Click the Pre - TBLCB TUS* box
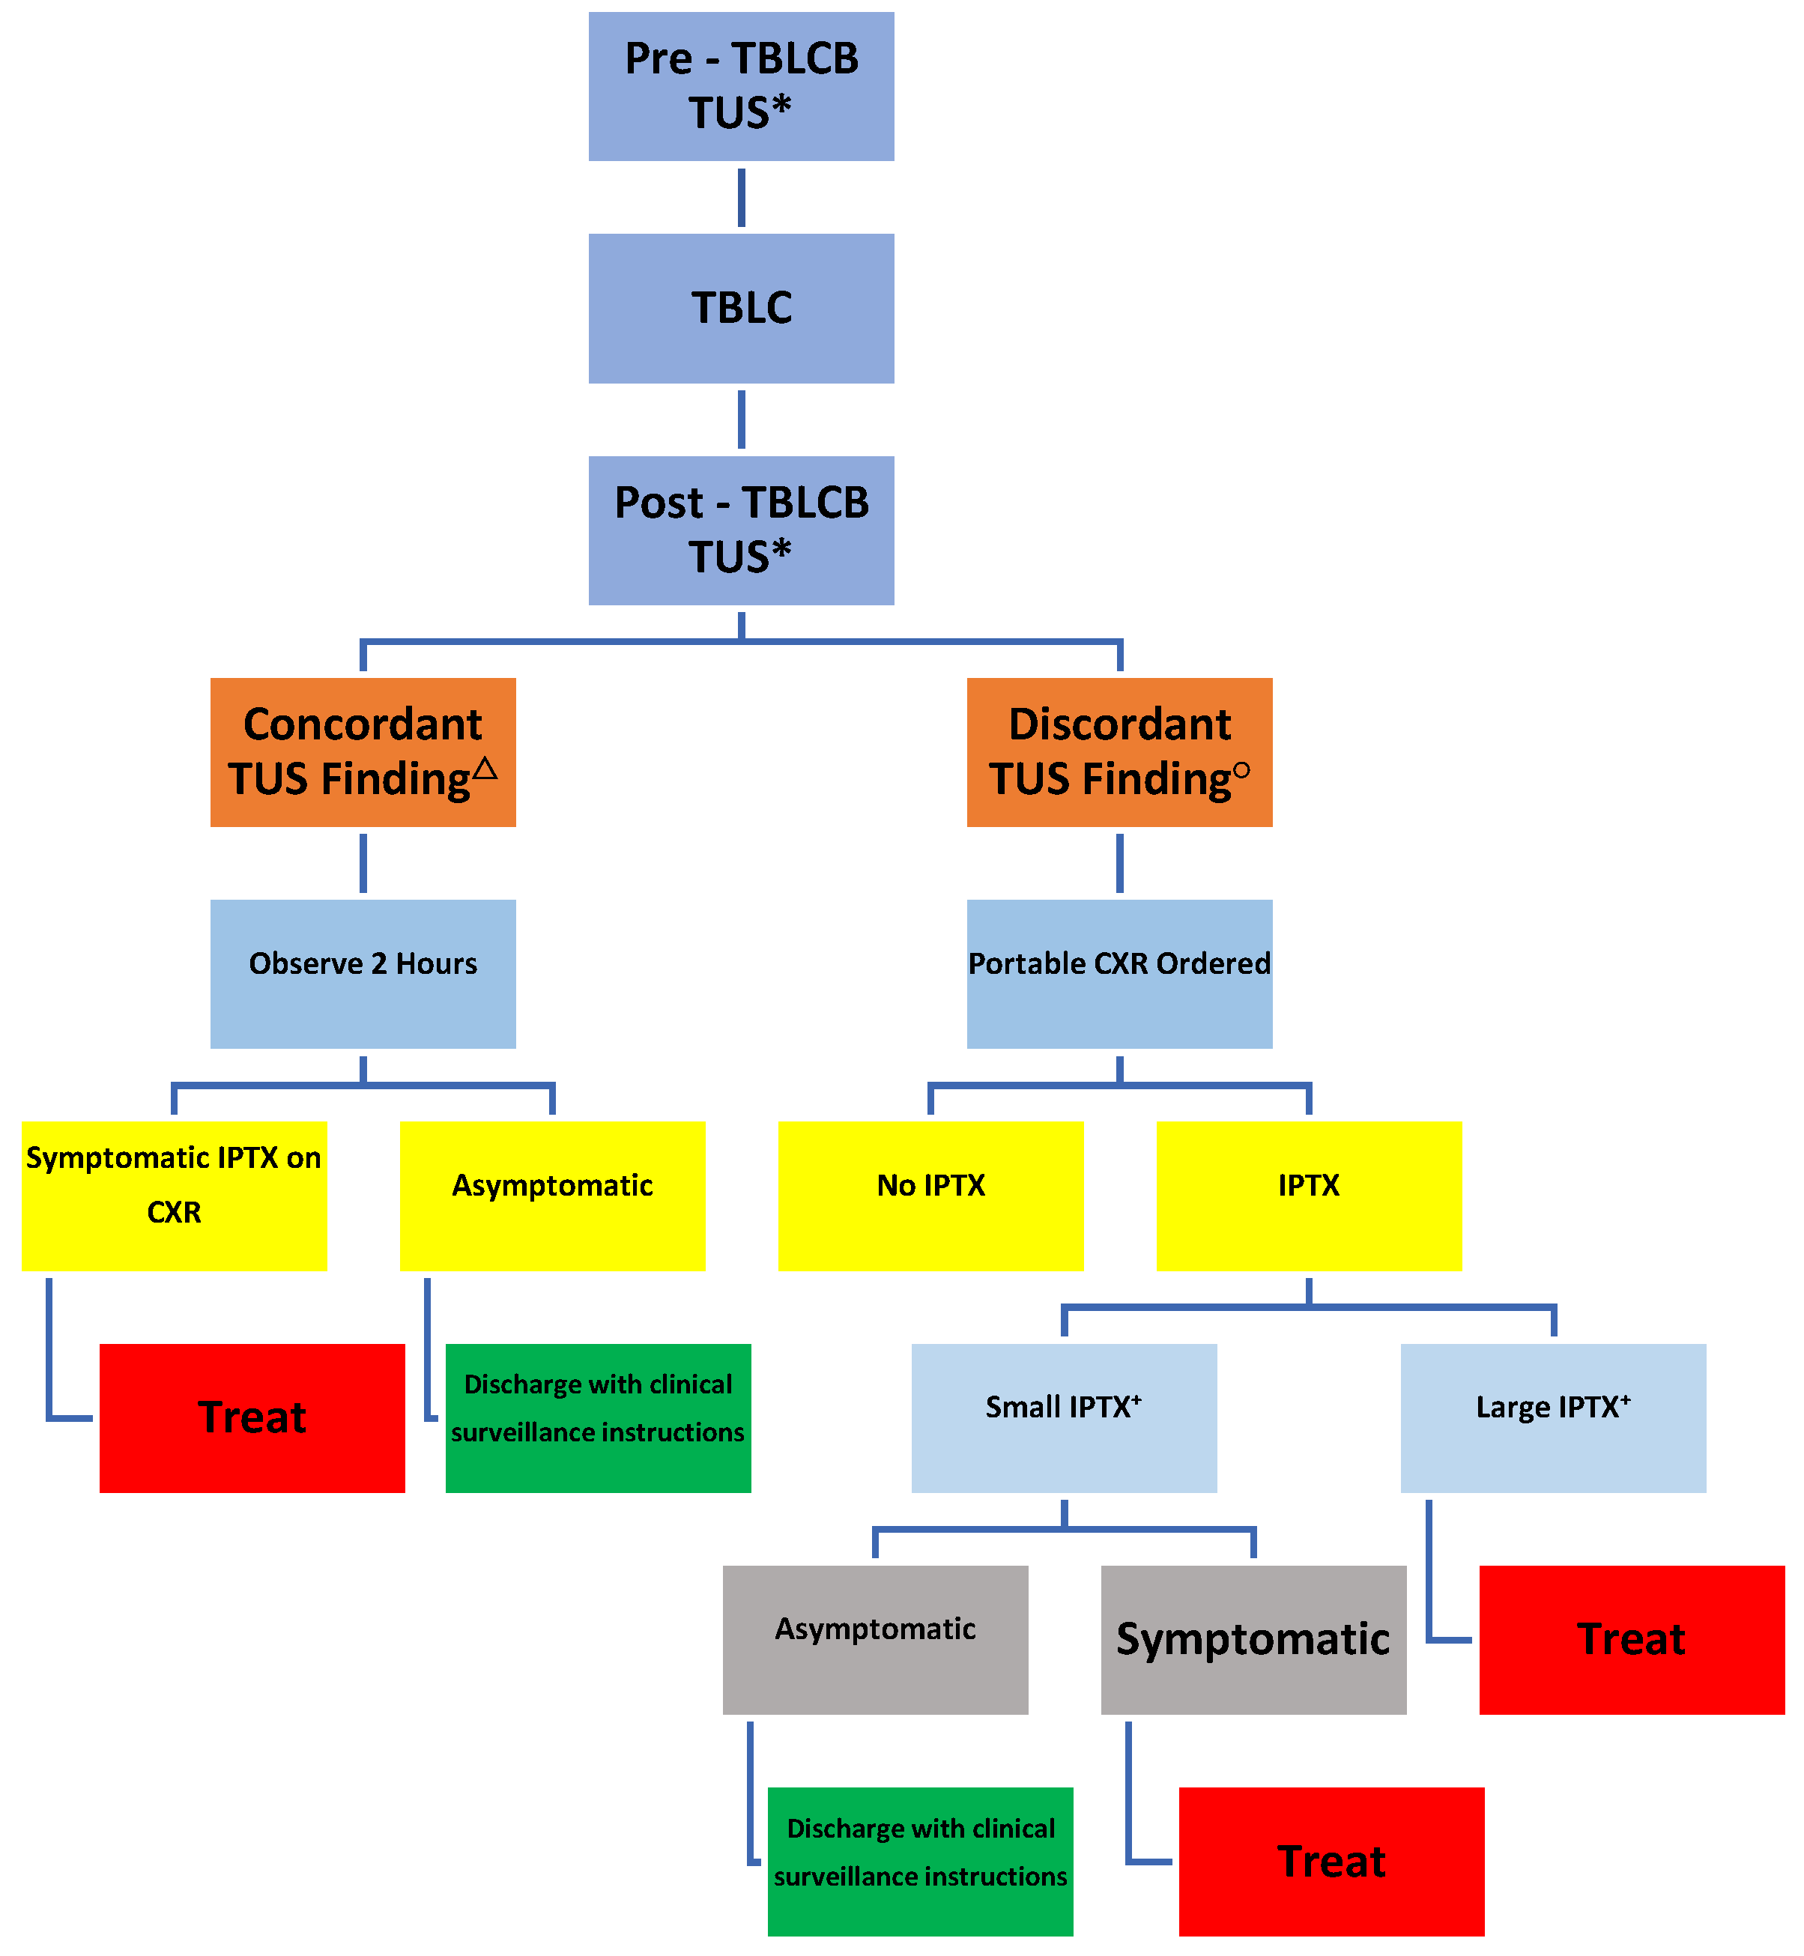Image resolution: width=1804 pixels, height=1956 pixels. click(741, 86)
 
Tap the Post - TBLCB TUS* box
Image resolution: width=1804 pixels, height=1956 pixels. click(741, 530)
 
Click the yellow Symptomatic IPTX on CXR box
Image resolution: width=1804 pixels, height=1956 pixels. click(174, 1196)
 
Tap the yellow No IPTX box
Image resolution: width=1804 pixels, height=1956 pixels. click(930, 1196)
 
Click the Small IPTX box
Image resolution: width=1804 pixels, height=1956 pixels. click(1063, 1417)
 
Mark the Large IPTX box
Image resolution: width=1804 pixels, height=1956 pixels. click(1552, 1417)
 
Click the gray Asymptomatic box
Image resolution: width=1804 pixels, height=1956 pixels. click(875, 1640)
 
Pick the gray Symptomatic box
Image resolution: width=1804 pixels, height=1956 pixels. click(1253, 1640)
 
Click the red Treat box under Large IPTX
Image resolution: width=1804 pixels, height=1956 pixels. click(1631, 1640)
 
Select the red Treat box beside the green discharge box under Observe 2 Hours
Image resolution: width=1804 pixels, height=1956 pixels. click(252, 1417)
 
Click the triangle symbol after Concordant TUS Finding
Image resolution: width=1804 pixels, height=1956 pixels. click(485, 769)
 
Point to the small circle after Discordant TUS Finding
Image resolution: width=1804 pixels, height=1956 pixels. click(1241, 770)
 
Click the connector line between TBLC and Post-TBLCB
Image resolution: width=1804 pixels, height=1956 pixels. click(741, 420)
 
